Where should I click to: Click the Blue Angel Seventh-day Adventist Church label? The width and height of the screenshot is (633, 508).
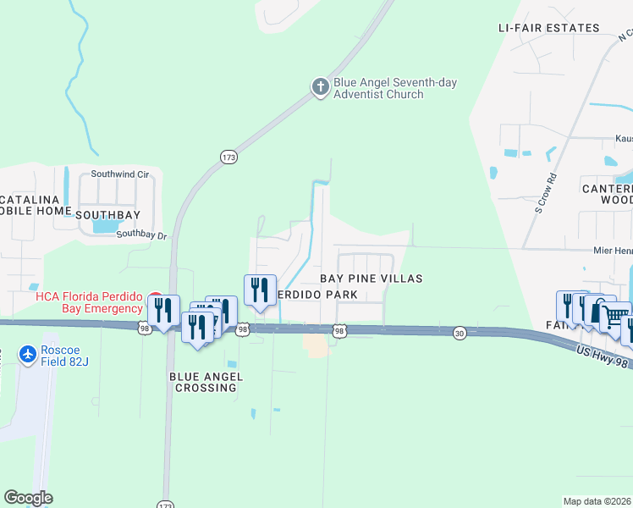[x=395, y=88]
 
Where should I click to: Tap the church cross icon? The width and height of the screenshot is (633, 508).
[x=320, y=87]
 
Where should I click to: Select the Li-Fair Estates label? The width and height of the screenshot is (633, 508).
[x=548, y=28]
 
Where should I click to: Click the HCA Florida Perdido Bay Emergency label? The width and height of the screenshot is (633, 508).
[x=88, y=302]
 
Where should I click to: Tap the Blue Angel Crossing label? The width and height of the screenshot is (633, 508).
[x=206, y=382]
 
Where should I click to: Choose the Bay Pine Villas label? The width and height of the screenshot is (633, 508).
[x=370, y=278]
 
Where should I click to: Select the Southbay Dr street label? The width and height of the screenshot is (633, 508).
[x=142, y=235]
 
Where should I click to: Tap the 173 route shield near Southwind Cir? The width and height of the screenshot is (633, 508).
[x=228, y=157]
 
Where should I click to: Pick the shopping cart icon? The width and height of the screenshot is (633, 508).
[x=614, y=316]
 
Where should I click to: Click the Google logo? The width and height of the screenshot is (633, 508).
[x=28, y=498]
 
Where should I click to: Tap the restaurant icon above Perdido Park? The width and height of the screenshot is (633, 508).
[x=260, y=289]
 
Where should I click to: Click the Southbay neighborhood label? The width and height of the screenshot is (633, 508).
[x=107, y=215]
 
